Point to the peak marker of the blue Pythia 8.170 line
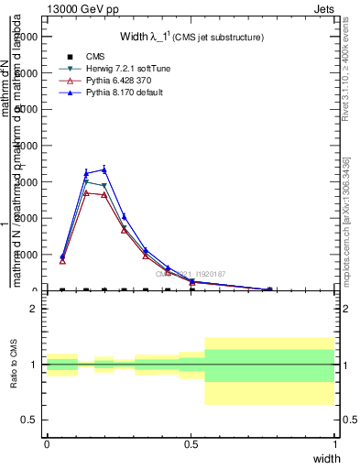tap(104, 169)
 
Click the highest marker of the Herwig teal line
tap(86, 181)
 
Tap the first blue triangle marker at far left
tap(62, 256)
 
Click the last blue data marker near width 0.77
tap(269, 289)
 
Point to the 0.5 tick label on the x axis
tap(191, 442)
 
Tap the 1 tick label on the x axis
tap(335, 442)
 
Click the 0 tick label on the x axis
tap(47, 442)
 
